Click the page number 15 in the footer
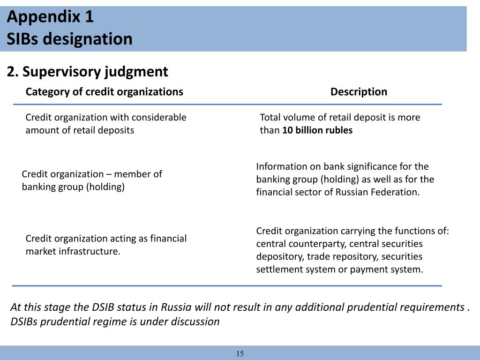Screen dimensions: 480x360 pyautogui.click(x=240, y=353)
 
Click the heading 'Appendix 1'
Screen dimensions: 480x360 pyautogui.click(x=50, y=17)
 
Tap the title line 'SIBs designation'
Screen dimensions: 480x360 pyautogui.click(x=69, y=39)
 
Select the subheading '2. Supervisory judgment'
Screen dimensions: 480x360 pyautogui.click(x=87, y=72)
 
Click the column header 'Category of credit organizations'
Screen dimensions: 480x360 pyautogui.click(x=104, y=92)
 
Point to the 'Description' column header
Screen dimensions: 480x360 pyautogui.click(x=359, y=92)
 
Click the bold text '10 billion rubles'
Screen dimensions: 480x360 pyautogui.click(x=317, y=130)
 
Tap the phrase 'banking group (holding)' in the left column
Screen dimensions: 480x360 pyautogui.click(x=73, y=187)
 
